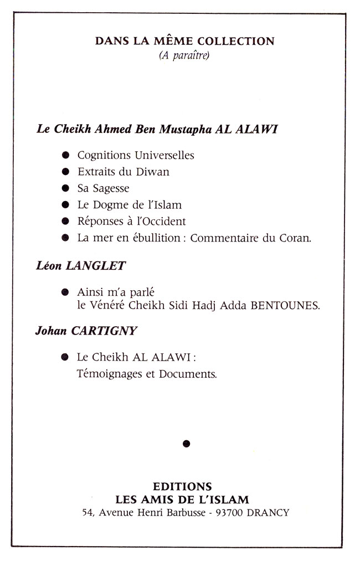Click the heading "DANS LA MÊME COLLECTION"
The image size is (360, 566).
185,41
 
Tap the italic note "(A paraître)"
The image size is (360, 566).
184,55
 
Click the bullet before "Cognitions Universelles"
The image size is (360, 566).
66,156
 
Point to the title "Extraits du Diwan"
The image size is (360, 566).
124,172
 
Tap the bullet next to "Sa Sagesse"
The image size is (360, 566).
66,188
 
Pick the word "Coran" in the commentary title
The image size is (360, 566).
298,238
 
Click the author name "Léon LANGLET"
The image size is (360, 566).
80,266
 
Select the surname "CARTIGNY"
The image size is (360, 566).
104,331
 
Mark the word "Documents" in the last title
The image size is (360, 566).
187,374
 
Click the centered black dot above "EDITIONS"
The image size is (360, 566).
186,442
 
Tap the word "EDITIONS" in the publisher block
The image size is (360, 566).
182,487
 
